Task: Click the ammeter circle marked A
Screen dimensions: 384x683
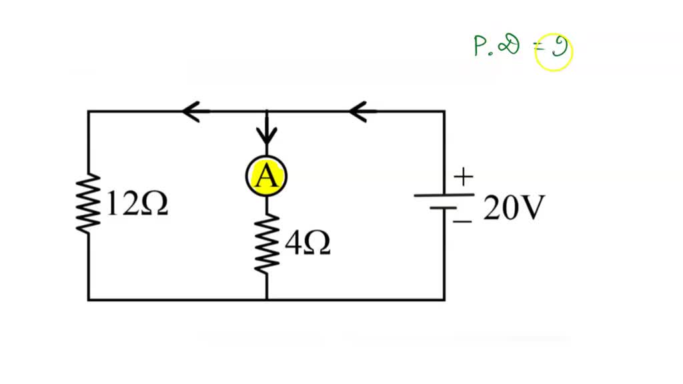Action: click(x=267, y=176)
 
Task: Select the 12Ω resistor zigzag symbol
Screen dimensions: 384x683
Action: click(x=89, y=204)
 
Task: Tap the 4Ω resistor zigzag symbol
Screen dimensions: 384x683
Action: click(x=267, y=243)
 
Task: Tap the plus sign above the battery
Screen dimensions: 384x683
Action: click(x=463, y=177)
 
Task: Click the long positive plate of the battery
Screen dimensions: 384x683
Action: click(x=444, y=195)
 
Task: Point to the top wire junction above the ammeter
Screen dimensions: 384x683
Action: click(x=267, y=112)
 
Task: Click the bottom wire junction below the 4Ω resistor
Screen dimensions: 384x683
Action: click(x=267, y=300)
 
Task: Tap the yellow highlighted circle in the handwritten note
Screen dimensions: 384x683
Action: click(x=554, y=53)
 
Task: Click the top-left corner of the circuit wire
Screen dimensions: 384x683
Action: click(x=89, y=112)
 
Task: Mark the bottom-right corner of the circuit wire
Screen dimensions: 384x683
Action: click(x=444, y=300)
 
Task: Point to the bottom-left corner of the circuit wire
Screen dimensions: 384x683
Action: click(x=89, y=300)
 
